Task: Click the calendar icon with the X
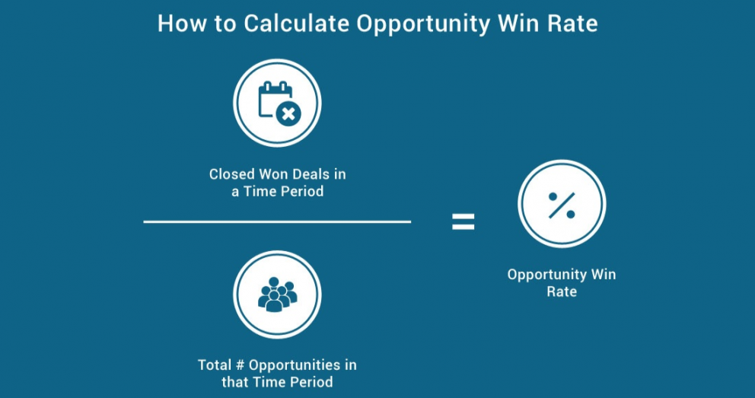279,103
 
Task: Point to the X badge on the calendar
289,115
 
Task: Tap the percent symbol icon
562,205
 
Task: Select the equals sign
464,221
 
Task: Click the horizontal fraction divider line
277,221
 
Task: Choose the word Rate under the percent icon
562,291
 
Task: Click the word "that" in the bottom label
234,382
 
